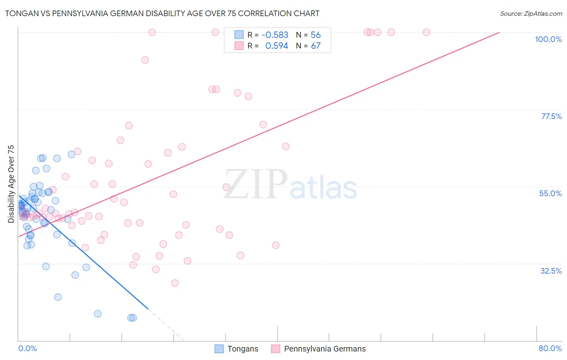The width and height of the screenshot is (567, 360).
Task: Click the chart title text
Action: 162,14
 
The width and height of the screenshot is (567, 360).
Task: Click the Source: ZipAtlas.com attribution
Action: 531,14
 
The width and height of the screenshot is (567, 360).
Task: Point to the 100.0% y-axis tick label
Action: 548,39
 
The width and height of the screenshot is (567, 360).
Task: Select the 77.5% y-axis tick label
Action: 551,116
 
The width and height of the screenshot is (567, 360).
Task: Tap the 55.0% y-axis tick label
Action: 550,193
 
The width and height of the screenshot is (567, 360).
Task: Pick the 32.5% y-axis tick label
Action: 551,271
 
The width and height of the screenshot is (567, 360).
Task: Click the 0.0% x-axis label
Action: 27,348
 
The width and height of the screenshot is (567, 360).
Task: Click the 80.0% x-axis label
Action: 550,348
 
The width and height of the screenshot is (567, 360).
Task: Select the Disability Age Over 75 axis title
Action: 11,184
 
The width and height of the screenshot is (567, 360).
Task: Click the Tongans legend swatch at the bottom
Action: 219,349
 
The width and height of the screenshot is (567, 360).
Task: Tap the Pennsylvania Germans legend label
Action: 325,349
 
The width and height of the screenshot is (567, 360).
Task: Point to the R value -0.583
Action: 275,35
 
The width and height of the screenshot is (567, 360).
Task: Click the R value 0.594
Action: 277,46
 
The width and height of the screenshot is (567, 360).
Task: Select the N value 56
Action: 316,35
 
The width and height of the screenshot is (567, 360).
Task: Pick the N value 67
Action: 316,46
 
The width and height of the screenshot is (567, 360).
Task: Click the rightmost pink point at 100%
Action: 426,32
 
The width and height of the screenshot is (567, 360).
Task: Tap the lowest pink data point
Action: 175,283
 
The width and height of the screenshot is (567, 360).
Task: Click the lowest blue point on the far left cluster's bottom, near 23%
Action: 58,297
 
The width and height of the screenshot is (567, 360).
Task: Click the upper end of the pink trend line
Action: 499,32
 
